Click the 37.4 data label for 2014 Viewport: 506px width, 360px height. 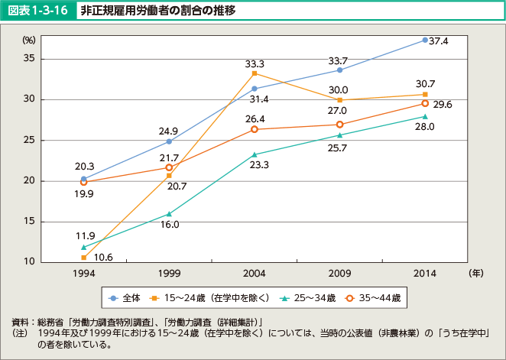click(x=438, y=41)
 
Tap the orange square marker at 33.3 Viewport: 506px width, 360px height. click(x=255, y=73)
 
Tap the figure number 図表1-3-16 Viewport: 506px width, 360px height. click(x=38, y=11)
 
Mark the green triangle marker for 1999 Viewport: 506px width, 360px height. click(x=169, y=214)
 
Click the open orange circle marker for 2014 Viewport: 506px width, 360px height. click(x=425, y=103)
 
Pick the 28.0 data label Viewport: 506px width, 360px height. click(x=424, y=127)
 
